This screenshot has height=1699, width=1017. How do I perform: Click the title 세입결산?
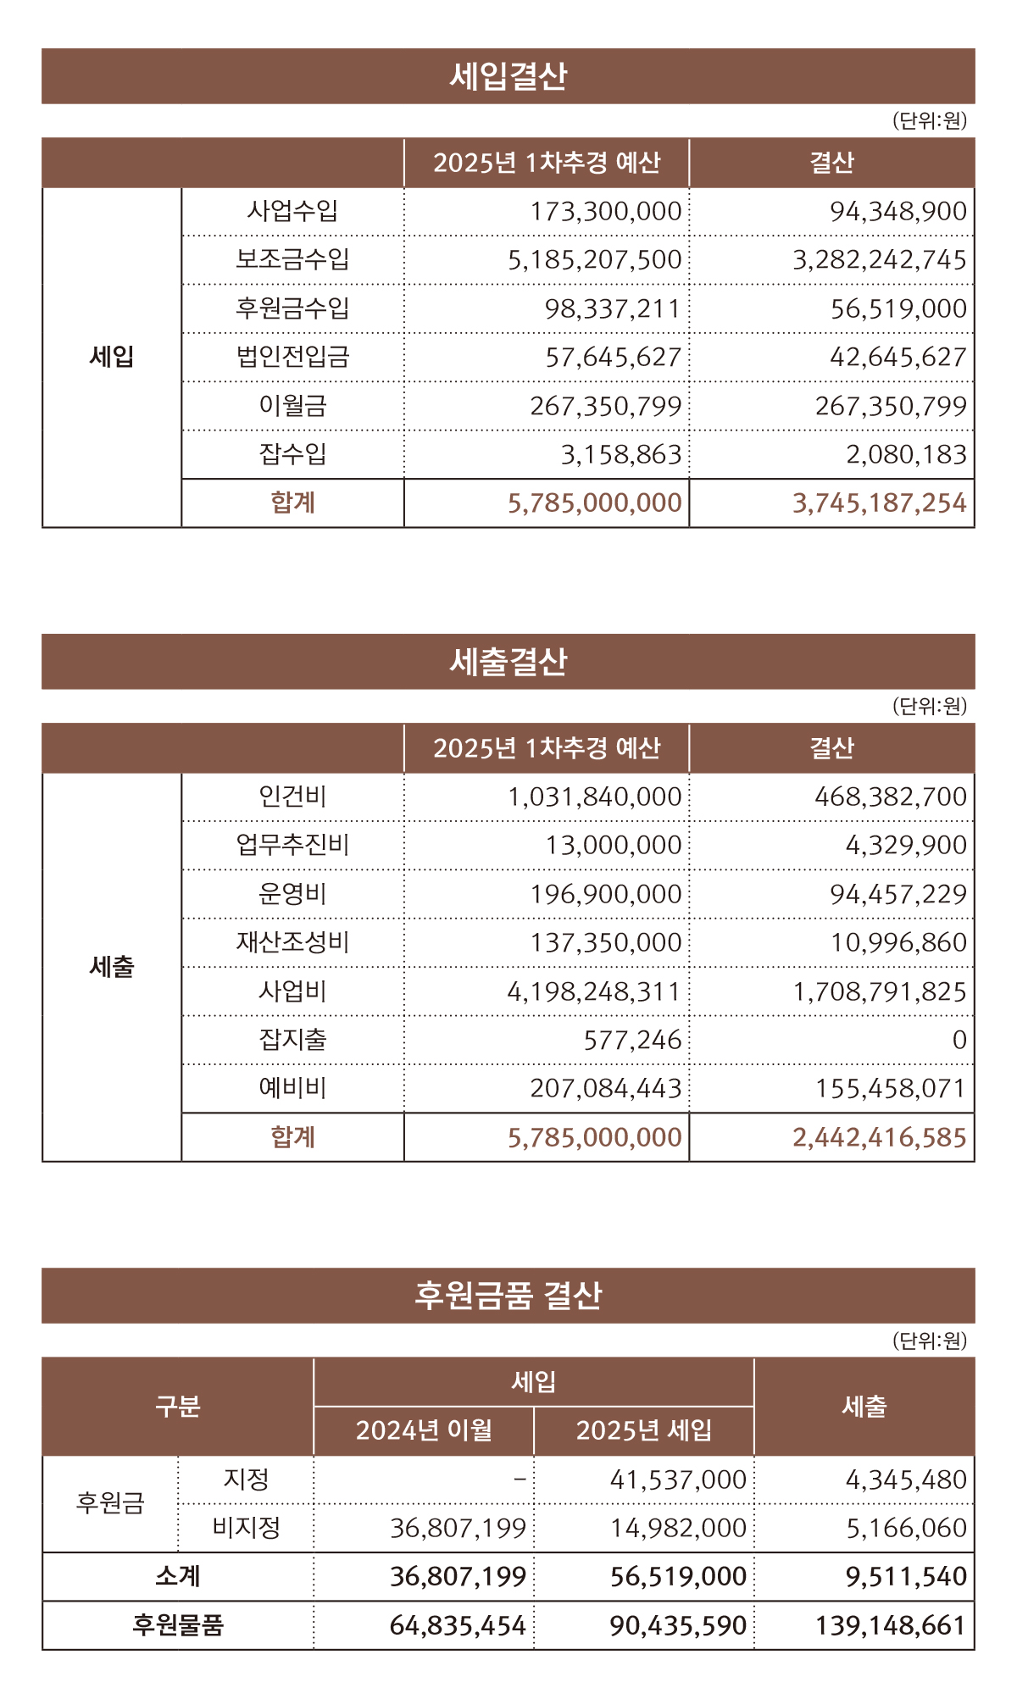[508, 76]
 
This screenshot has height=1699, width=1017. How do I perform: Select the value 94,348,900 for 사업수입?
[898, 211]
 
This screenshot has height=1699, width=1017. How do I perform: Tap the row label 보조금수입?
[292, 259]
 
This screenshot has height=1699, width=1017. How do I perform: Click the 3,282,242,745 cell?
[879, 259]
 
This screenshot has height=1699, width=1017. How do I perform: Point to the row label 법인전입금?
[292, 357]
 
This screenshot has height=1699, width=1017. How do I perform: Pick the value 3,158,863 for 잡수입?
[620, 455]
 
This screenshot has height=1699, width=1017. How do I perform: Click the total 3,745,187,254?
[879, 503]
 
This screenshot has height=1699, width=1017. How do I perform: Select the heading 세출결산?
[508, 662]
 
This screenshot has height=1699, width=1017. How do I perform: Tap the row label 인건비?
[292, 797]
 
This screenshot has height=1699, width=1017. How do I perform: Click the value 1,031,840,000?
[594, 797]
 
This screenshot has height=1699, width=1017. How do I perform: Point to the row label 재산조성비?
[292, 942]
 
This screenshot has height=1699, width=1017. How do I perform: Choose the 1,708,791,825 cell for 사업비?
[879, 991]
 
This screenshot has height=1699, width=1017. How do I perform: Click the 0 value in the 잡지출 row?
[959, 1040]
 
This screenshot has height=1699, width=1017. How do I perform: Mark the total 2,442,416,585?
[879, 1137]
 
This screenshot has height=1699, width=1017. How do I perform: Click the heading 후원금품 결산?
[508, 1296]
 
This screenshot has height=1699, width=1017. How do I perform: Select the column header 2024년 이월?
[424, 1430]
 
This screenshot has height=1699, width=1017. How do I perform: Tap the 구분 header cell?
[177, 1407]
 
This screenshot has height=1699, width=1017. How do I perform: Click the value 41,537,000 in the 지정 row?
[678, 1480]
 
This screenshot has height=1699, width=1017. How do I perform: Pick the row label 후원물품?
[177, 1625]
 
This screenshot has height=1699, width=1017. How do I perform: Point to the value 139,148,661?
[890, 1625]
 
